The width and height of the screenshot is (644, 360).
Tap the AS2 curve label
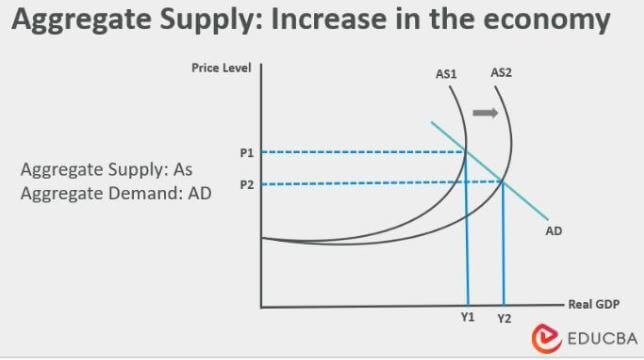(x=501, y=72)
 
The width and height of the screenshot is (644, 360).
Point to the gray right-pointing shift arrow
(x=485, y=113)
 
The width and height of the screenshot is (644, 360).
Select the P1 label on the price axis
(x=246, y=153)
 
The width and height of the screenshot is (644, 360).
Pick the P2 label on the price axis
(x=246, y=184)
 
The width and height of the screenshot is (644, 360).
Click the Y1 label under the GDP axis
(x=467, y=317)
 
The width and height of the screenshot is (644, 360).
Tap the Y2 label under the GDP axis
(x=503, y=318)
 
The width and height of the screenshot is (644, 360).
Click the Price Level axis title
(x=220, y=67)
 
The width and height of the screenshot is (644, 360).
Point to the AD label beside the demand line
(x=553, y=231)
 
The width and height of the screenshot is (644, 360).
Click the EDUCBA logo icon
(x=546, y=336)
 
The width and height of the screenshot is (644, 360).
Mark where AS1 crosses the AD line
(x=465, y=152)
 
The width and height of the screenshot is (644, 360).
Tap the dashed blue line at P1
(x=360, y=152)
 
